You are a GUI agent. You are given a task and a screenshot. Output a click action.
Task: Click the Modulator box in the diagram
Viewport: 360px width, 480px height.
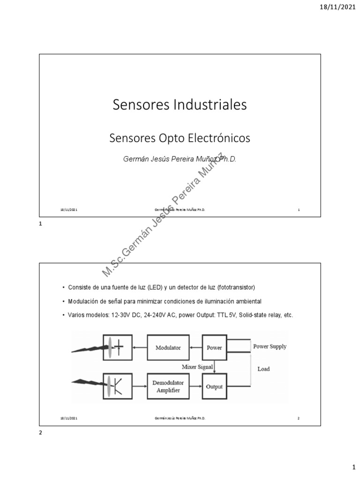[x=168, y=348]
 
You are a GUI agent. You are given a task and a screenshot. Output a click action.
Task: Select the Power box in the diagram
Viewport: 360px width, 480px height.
[x=214, y=348]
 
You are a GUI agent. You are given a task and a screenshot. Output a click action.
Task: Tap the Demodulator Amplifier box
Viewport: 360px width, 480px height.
[x=168, y=387]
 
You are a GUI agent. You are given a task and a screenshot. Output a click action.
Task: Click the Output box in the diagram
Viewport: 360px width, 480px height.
[x=214, y=387]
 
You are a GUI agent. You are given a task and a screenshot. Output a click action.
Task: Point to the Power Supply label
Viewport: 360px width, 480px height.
[x=270, y=346]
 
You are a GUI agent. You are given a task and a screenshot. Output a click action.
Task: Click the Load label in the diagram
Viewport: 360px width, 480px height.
[x=263, y=369]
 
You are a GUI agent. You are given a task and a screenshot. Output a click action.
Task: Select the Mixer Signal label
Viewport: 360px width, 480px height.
[x=197, y=367]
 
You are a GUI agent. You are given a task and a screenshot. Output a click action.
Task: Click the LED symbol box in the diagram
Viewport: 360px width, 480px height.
[x=118, y=348]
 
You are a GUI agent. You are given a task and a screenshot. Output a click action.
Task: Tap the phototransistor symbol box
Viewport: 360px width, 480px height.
[x=118, y=387]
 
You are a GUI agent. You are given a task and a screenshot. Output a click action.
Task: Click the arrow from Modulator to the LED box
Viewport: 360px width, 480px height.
[x=140, y=348]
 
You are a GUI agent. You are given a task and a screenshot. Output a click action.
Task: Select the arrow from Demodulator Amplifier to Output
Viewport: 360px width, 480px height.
[x=195, y=387]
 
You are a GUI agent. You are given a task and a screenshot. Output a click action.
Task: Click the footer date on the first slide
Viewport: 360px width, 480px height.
[x=69, y=210]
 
